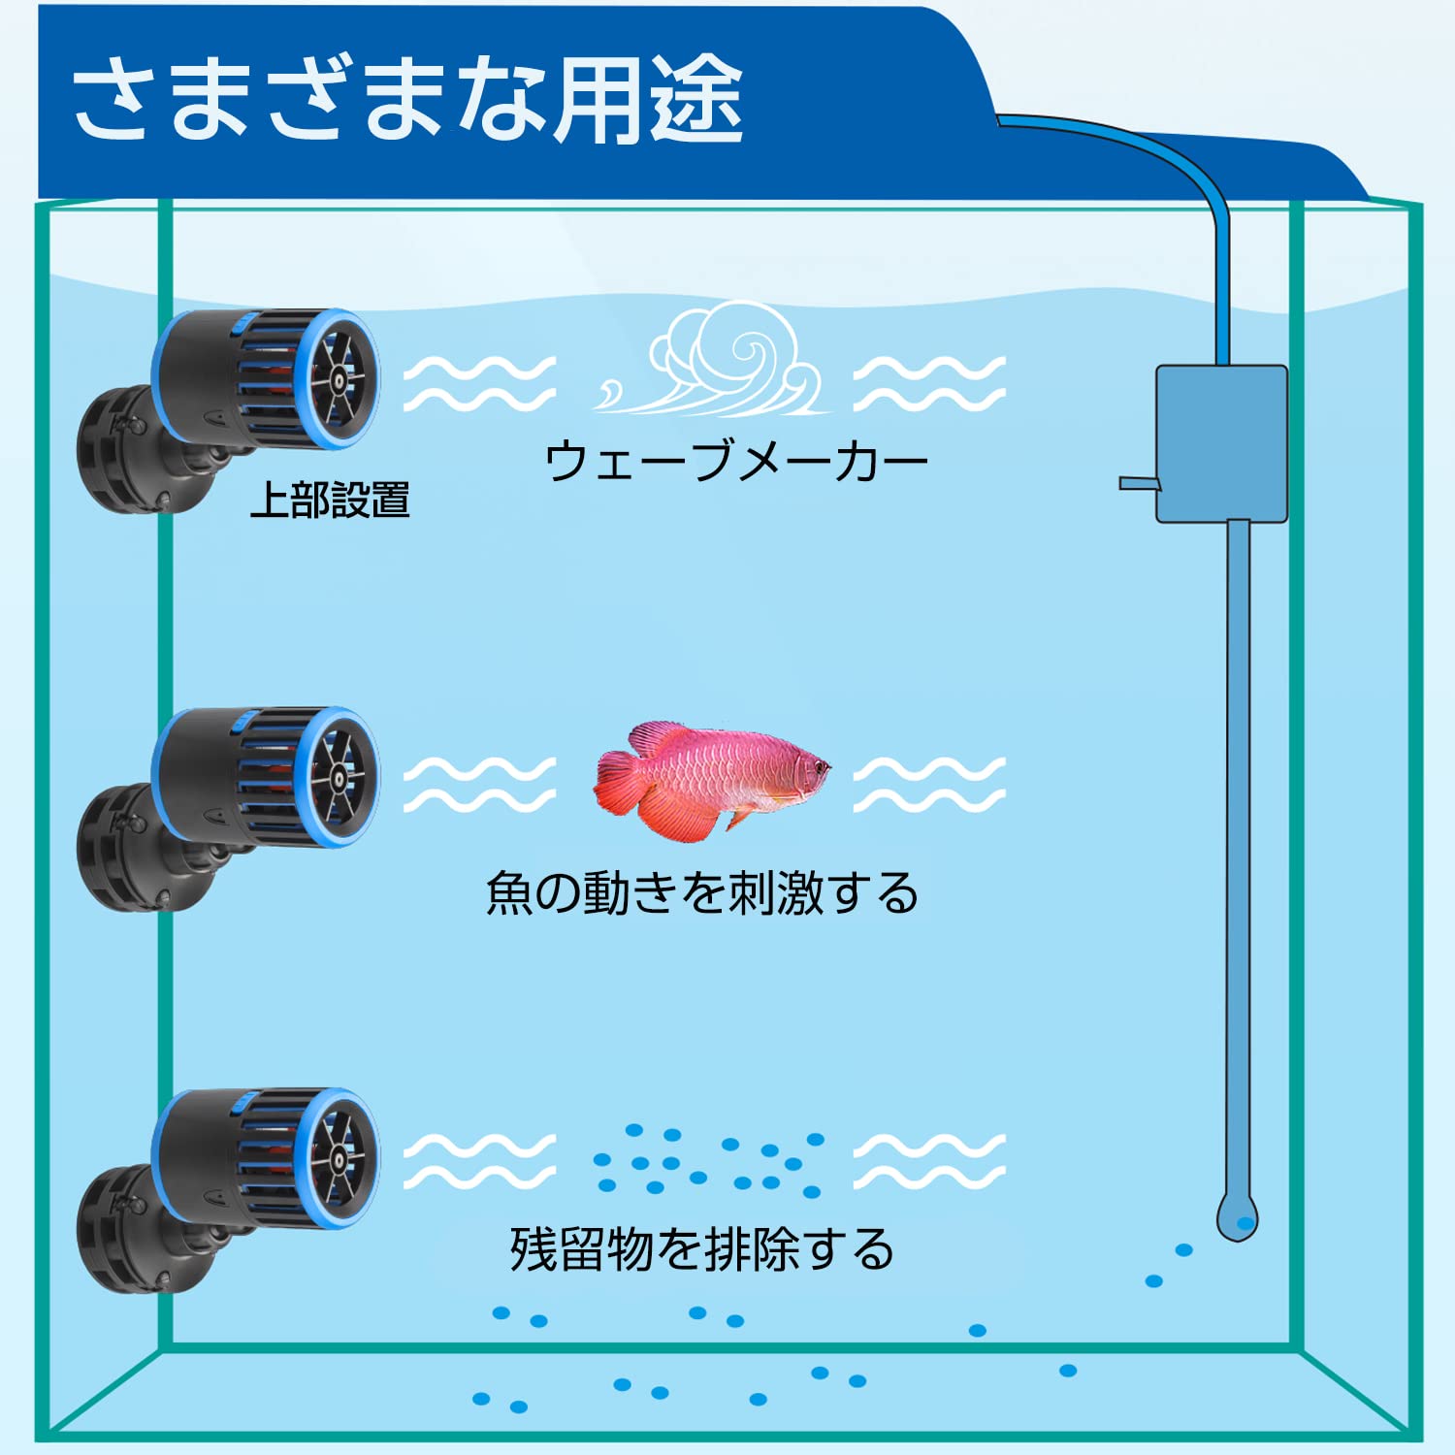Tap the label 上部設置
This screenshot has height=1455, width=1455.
click(x=330, y=501)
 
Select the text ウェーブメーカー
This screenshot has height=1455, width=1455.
click(x=736, y=461)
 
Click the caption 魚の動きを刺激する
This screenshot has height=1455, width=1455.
click(x=701, y=892)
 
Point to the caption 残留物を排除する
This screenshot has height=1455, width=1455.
click(x=701, y=1249)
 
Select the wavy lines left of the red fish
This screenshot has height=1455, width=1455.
click(x=479, y=785)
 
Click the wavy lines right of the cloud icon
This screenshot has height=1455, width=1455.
click(x=929, y=384)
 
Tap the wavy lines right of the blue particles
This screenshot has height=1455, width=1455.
click(x=929, y=1160)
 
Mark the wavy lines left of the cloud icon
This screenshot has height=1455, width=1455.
click(x=479, y=384)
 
